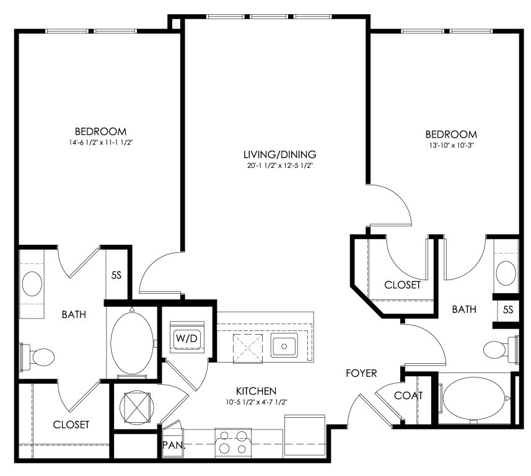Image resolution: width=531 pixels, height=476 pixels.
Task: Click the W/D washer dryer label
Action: coord(187,338)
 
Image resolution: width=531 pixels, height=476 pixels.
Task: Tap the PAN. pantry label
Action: coord(173,445)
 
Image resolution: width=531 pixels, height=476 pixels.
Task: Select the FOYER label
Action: coord(361,373)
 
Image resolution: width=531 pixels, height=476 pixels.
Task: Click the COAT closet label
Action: coord(408,395)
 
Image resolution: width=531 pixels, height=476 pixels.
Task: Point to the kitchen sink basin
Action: coord(284,346)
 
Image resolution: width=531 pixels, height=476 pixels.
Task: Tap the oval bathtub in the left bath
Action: coord(132,343)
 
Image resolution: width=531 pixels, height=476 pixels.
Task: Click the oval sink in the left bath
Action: coord(32,284)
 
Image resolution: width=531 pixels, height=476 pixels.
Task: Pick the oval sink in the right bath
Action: coord(506,273)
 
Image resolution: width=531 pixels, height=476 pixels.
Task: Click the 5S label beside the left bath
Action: coord(116,275)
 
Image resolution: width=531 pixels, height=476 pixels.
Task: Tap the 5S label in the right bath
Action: coord(508,309)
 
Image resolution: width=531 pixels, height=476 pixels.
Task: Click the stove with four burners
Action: coord(233,443)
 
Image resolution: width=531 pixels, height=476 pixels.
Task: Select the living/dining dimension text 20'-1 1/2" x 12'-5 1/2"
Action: coord(279,165)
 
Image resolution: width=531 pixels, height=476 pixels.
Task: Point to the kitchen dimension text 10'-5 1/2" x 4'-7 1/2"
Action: coord(257,402)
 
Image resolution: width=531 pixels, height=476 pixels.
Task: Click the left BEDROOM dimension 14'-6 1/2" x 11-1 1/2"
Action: coord(100,143)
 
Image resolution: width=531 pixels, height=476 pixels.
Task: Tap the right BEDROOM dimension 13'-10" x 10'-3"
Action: coord(451,146)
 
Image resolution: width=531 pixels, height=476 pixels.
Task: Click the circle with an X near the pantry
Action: coord(137,407)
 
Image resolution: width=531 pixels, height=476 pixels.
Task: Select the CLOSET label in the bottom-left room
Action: coord(71,425)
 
